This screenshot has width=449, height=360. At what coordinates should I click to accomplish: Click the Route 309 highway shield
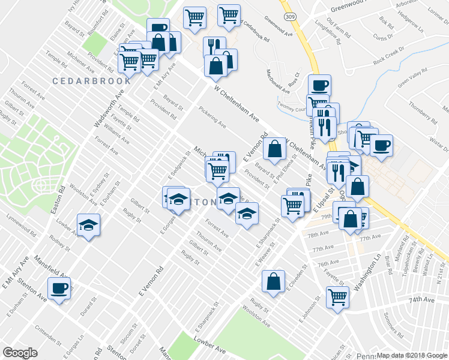tap(290, 16)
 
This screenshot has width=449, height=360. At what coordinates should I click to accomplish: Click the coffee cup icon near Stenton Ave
tap(59, 289)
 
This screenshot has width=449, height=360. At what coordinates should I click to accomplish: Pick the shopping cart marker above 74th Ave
tap(338, 296)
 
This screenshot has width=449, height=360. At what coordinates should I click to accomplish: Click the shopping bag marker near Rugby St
tap(273, 281)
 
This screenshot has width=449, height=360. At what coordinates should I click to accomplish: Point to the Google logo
tap(20, 353)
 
